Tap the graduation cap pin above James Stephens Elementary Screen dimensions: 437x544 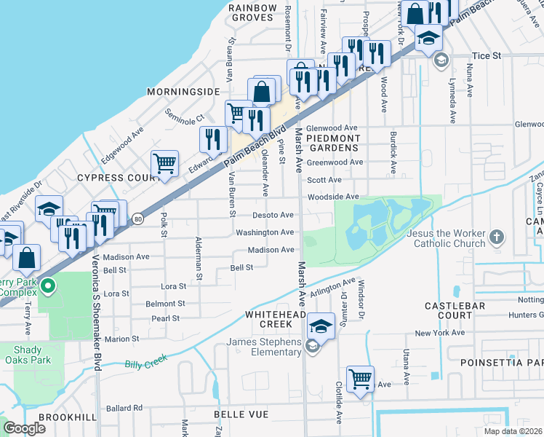pyautogui.click(x=320, y=325)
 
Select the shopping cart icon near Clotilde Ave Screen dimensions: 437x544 pyautogui.click(x=360, y=379)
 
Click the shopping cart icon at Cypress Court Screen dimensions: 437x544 pyautogui.click(x=165, y=163)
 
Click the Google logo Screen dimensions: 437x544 pyautogui.click(x=25, y=428)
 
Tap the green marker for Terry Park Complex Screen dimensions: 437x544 pyautogui.click(x=48, y=286)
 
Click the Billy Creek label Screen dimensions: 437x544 pyautogui.click(x=145, y=361)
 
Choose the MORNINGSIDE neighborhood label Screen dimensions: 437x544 pyautogui.click(x=183, y=92)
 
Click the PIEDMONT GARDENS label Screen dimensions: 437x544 pyautogui.click(x=333, y=143)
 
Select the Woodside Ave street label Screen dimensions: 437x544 pyautogui.click(x=333, y=197)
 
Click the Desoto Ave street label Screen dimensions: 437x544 pyautogui.click(x=273, y=215)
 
